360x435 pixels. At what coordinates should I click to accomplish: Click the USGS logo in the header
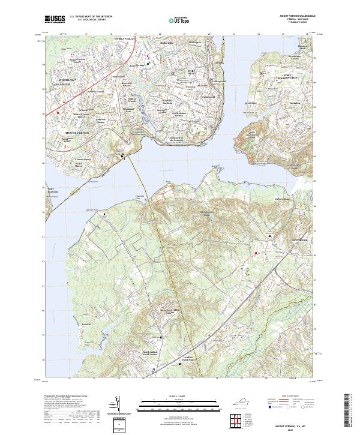[54, 20]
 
